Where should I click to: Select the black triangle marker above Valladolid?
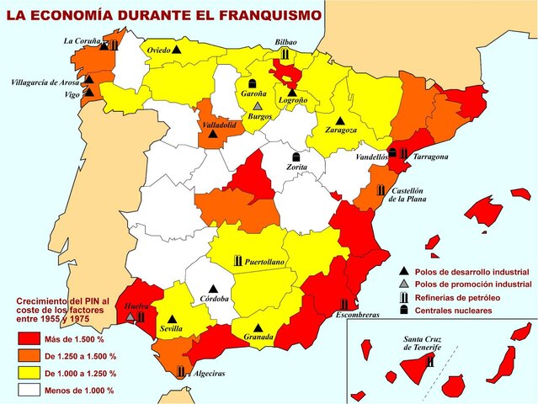coord(213,134)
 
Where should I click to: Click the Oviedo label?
coord(158,50)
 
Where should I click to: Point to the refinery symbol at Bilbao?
coord(285,54)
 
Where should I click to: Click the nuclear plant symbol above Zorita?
coord(296,157)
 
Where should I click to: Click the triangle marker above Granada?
coord(258,326)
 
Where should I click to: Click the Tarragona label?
coord(430,157)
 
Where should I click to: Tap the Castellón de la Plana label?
coord(410,194)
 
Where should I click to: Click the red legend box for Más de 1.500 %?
coord(28,338)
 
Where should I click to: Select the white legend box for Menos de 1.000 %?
coord(28,390)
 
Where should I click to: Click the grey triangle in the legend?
coord(404,284)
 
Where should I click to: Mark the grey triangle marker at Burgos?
coord(257,107)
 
